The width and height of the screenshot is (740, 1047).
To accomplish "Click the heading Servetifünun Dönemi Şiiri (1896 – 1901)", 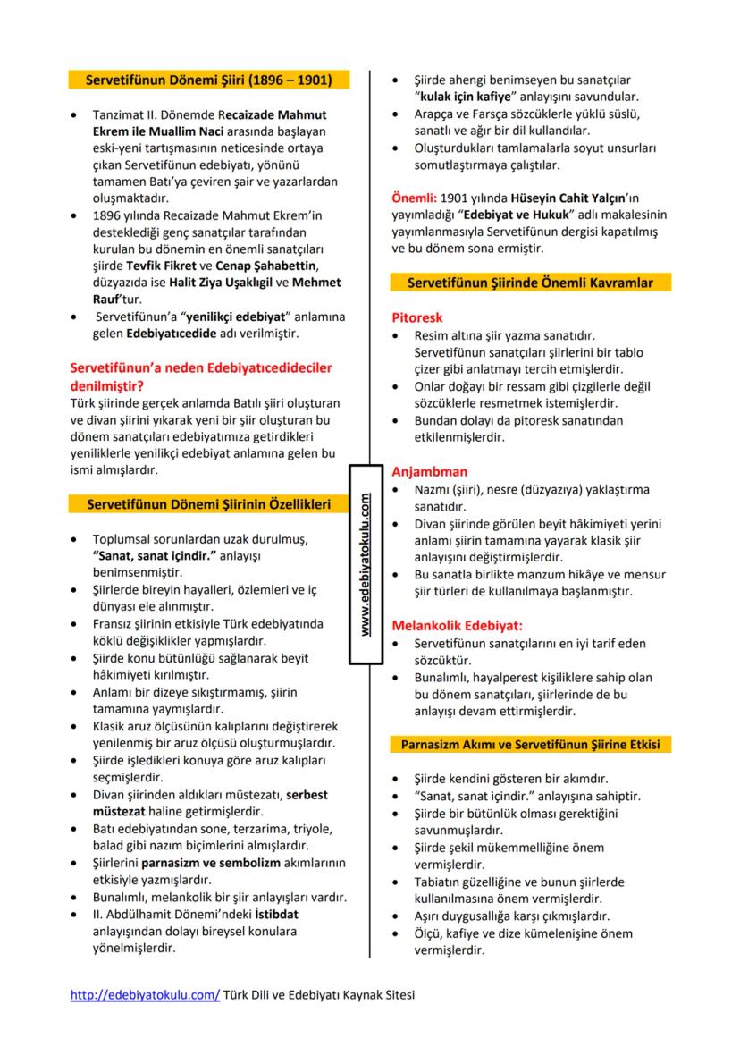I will [208, 80].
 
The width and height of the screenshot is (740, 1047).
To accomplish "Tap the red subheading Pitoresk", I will [416, 317].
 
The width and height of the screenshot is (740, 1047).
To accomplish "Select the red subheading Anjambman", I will [430, 471].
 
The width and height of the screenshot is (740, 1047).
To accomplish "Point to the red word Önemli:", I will [415, 198].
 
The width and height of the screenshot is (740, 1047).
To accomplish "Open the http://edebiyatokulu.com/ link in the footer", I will [145, 993].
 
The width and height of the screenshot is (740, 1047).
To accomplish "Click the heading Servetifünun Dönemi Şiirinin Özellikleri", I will [209, 504].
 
